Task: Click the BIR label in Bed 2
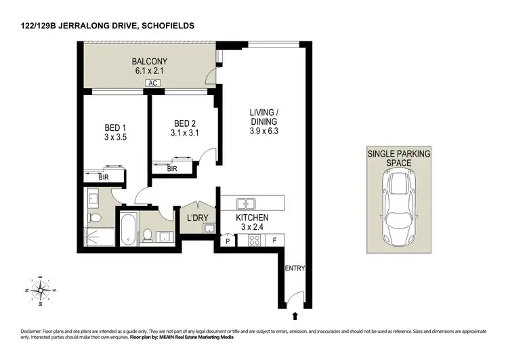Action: click(x=172, y=169)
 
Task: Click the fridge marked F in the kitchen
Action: click(x=274, y=239)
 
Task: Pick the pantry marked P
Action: click(x=228, y=240)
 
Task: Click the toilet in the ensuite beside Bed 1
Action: click(x=96, y=218)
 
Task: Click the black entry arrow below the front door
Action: click(x=295, y=315)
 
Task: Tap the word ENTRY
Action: click(x=295, y=268)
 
